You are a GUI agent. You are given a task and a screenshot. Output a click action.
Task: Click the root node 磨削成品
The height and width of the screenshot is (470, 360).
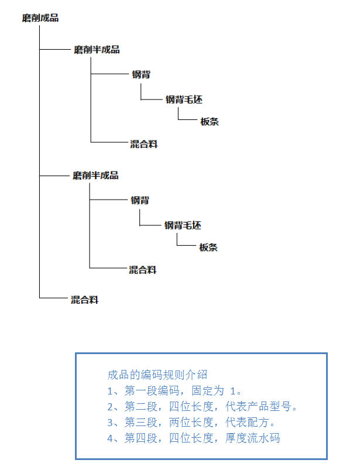tap(40, 18)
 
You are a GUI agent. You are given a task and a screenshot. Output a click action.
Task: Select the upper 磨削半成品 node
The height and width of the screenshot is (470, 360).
tap(97, 49)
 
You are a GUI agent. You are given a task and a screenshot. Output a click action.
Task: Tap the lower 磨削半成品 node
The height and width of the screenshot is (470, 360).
tap(95, 176)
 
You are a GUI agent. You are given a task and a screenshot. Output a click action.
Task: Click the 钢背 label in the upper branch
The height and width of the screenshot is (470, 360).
tap(141, 74)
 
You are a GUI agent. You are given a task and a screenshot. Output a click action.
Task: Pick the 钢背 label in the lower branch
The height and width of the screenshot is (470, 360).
tap(140, 200)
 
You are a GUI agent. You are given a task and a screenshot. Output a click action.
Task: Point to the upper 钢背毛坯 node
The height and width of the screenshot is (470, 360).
tap(184, 100)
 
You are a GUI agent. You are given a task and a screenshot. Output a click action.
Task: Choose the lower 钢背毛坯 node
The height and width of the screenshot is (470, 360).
tap(183, 225)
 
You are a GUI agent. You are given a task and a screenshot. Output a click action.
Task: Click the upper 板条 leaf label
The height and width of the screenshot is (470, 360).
tap(210, 121)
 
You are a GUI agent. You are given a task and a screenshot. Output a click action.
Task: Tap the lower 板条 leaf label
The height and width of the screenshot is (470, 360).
tap(208, 247)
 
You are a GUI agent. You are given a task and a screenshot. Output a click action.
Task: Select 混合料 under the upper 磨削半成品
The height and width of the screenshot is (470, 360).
tap(143, 144)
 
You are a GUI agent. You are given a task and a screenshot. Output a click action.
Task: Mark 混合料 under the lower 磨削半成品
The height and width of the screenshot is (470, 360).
tap(142, 270)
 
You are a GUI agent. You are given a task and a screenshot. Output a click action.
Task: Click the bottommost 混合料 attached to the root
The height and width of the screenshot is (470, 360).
tap(84, 300)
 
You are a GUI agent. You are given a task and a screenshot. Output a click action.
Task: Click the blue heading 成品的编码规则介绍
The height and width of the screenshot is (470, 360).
tap(157, 375)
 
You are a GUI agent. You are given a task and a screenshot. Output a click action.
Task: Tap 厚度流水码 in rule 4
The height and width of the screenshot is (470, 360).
tap(253, 438)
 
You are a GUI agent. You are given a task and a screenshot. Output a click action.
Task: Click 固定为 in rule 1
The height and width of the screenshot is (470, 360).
tap(208, 390)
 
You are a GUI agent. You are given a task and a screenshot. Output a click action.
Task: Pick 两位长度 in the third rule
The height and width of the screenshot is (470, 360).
tap(191, 423)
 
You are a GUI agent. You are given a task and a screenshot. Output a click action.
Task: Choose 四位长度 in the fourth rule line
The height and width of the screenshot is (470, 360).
tap(191, 438)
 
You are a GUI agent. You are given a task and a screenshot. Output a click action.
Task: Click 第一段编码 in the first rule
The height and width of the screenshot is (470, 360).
tap(152, 390)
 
